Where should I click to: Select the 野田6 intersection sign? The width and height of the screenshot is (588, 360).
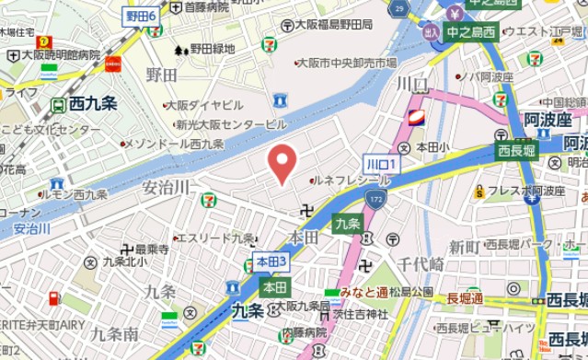(x=141, y=17)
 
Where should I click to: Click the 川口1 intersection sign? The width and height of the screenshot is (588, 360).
(x=380, y=163)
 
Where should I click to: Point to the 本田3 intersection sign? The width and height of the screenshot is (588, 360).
(x=271, y=261)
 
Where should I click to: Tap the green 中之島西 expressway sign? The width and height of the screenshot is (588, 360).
(x=471, y=32)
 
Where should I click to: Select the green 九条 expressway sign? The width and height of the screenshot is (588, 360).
(x=347, y=224)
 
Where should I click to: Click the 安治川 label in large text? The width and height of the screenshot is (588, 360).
(x=167, y=187)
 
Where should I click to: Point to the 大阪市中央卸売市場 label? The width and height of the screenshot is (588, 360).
(x=348, y=63)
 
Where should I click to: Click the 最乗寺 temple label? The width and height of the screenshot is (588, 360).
(x=152, y=249)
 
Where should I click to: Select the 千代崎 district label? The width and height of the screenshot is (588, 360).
(x=421, y=263)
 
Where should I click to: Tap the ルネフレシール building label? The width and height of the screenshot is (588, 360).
(x=350, y=180)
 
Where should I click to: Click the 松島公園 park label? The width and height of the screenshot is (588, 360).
(x=409, y=292)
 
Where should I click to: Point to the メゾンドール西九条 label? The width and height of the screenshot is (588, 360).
(x=174, y=145)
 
